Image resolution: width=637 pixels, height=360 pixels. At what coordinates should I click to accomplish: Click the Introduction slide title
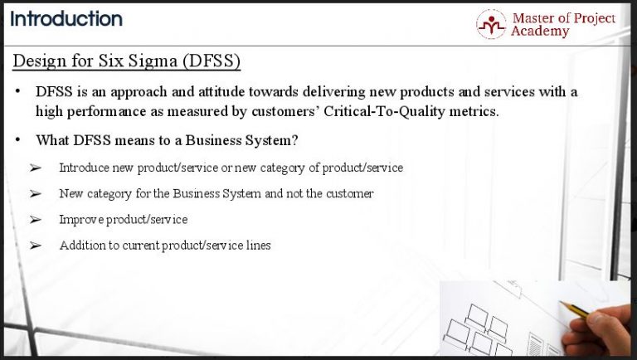coord(66,18)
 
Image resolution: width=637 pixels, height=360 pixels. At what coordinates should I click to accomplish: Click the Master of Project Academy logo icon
coord(491,24)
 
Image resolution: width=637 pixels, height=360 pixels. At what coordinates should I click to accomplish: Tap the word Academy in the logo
coord(540,32)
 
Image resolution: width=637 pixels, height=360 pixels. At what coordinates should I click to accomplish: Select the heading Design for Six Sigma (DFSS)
coord(127,61)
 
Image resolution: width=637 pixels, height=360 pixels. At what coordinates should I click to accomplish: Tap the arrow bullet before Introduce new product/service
coord(35,168)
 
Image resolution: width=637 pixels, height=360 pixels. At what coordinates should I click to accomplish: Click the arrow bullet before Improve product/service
coord(35,220)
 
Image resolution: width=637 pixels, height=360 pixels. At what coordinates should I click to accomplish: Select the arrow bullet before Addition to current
coord(35,246)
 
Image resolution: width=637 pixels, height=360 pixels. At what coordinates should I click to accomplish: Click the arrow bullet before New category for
coord(35,194)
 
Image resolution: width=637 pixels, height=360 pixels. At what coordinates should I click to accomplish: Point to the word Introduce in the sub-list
coord(80,168)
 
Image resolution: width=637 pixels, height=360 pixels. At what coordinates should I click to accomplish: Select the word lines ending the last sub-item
coord(258,246)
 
